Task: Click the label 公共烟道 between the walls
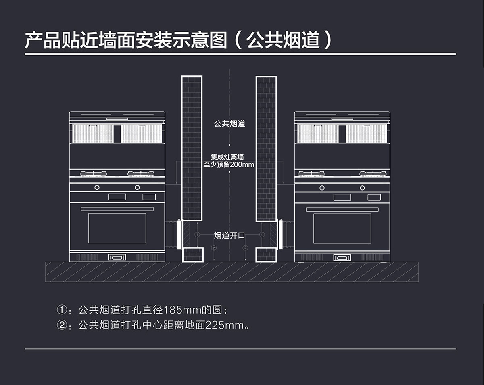click(229, 124)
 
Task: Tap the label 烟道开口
click(229, 235)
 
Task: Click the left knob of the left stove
click(97, 187)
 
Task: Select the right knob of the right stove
click(362, 187)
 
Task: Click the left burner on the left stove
click(94, 174)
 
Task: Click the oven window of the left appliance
click(117, 228)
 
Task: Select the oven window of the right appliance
click(342, 228)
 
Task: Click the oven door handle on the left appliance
click(117, 209)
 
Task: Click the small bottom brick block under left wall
click(193, 255)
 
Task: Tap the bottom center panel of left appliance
click(117, 257)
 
